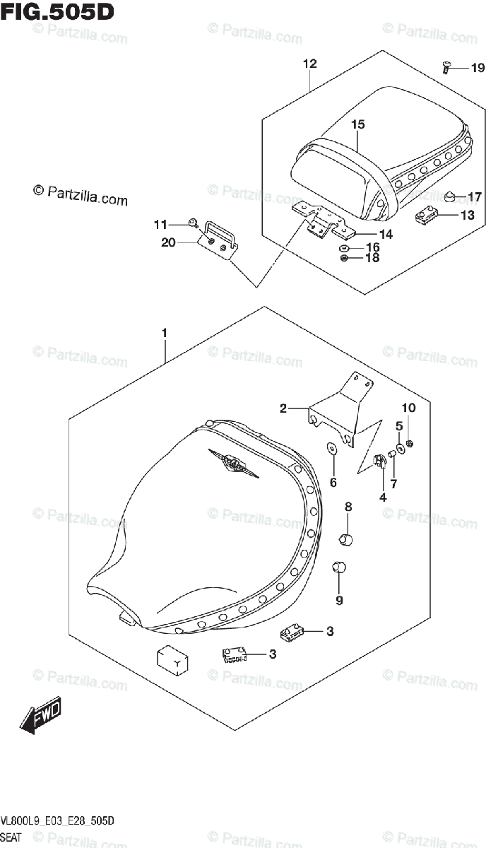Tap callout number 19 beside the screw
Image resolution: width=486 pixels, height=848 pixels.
(478, 69)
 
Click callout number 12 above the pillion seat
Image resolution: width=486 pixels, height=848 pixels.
(309, 64)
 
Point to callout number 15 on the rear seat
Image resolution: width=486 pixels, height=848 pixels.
(357, 124)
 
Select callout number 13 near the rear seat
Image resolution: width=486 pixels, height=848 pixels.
(468, 216)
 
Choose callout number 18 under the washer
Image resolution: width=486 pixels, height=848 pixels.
(372, 258)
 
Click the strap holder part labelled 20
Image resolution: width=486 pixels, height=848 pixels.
(220, 240)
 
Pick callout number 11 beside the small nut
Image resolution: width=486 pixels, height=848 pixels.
(160, 225)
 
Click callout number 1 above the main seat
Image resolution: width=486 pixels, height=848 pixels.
(164, 332)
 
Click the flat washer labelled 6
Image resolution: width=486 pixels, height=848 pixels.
(331, 449)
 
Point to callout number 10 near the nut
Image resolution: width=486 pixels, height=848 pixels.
(409, 408)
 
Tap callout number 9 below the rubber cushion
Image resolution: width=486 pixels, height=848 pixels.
(339, 601)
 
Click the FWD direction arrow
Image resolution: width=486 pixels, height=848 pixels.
(41, 715)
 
